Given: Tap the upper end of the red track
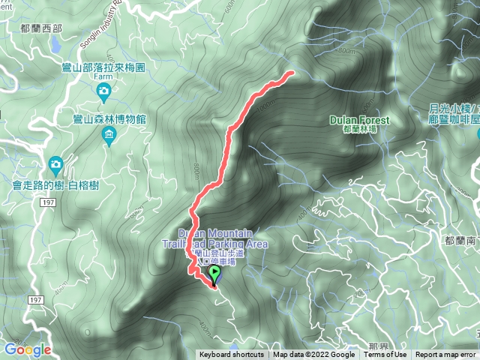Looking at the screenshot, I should click(x=289, y=73).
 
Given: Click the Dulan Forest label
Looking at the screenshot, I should click(x=360, y=120).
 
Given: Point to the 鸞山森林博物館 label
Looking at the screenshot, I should click(x=109, y=120).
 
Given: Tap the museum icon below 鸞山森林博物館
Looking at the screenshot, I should click(x=109, y=135).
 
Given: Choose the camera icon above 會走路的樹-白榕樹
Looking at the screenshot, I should click(x=55, y=164).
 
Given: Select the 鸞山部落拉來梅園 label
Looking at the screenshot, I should click(x=103, y=67).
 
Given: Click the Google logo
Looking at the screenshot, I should click(x=27, y=349).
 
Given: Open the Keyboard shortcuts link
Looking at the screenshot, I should click(x=231, y=355).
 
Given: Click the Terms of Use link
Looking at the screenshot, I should click(x=385, y=355).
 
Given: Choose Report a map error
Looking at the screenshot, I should click(x=448, y=355).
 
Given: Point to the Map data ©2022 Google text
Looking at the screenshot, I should click(x=313, y=355).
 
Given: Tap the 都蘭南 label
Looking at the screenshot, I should click(x=460, y=241).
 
